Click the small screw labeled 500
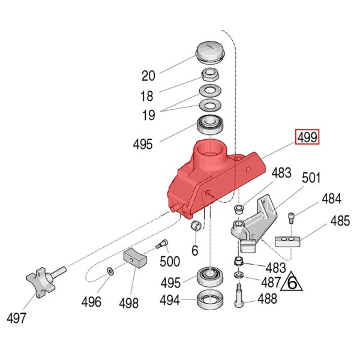coord(161,244)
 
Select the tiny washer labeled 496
coord(109,272)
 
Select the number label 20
coord(148,76)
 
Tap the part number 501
coord(311,178)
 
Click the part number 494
coord(170,300)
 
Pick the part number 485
coord(340,221)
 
